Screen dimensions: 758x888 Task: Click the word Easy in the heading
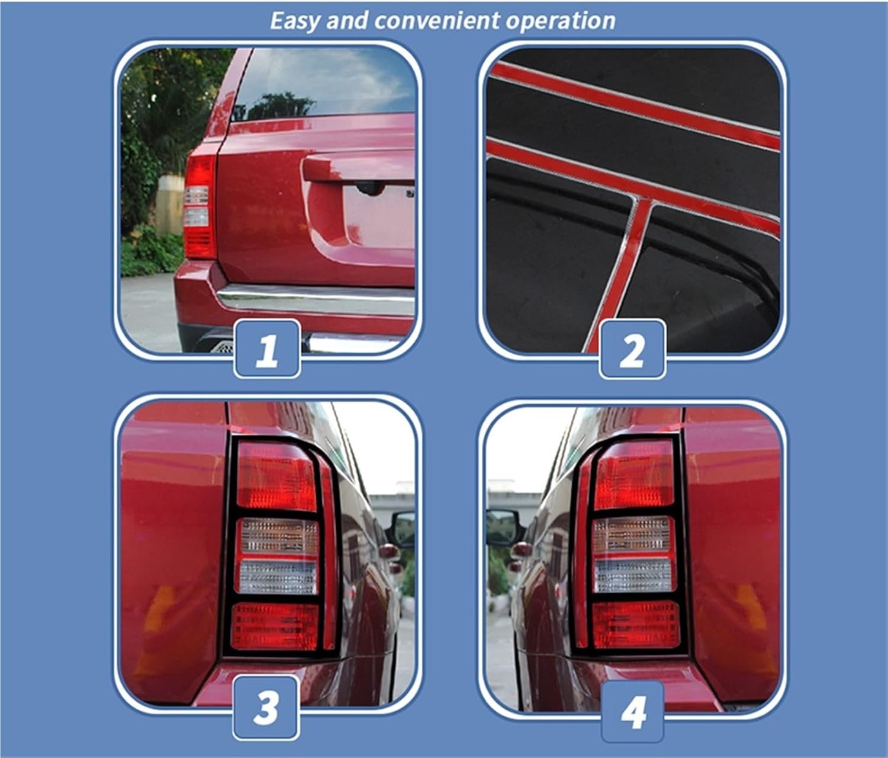click(x=295, y=21)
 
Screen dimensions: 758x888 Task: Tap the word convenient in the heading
click(x=429, y=21)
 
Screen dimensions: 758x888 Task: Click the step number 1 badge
click(x=267, y=348)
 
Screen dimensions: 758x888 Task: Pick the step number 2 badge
click(x=632, y=349)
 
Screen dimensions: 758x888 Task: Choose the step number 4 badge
click(x=633, y=711)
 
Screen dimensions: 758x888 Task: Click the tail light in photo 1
click(x=198, y=207)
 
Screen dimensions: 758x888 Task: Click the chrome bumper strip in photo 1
click(x=314, y=296)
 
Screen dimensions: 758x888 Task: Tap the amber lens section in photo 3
click(x=278, y=536)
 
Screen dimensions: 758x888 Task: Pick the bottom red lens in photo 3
click(x=275, y=625)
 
